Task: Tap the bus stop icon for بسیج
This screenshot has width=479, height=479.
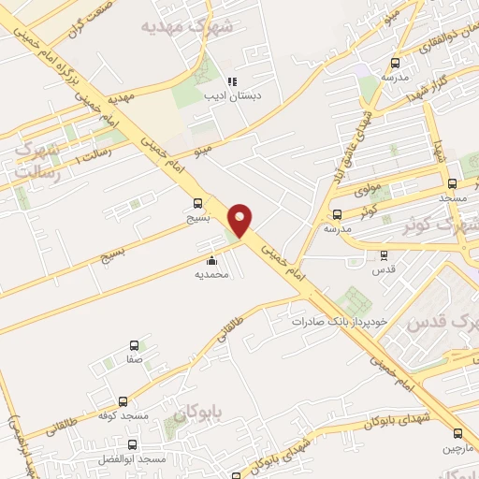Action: [196, 203]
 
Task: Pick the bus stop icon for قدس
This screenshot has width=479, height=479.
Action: [383, 254]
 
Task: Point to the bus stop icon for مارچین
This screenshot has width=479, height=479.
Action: [457, 433]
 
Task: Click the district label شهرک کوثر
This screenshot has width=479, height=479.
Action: [440, 225]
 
